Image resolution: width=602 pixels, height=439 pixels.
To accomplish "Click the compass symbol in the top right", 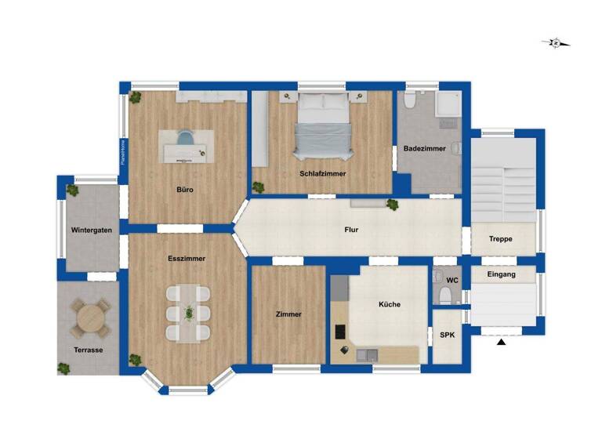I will pos(556,42).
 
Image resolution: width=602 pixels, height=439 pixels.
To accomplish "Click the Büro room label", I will pos(185,190).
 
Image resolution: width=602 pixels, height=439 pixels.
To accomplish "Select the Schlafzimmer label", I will pos(322,173).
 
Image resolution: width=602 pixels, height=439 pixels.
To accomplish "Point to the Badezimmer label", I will pos(425,148).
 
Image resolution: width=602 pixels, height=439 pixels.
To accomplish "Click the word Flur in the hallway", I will pos(351,230).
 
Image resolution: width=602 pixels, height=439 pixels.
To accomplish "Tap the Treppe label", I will pos(501,239).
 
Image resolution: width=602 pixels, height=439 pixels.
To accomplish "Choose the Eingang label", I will pos(502,274).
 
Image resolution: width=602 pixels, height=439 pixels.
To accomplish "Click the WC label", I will pos(452,280).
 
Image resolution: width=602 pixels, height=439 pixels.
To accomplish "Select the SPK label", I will pos(448,335).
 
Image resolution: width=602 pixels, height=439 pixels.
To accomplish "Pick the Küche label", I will pos(390,305).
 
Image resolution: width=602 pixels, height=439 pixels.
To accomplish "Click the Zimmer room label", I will pos(288,314).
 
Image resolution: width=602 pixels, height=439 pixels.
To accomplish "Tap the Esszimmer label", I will pos(187,258).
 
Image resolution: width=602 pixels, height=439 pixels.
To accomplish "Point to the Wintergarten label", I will pos(91,230).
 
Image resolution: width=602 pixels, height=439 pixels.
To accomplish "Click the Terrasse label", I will pos(89,350).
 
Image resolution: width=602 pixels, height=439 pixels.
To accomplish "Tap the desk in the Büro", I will pos(187,147).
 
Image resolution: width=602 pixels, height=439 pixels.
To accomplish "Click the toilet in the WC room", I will pos(446,296).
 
